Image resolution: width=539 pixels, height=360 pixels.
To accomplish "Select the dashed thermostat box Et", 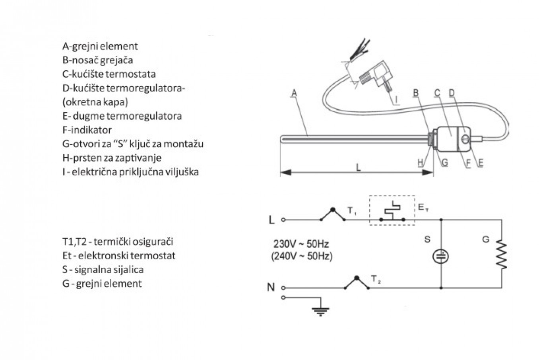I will [x=392, y=210].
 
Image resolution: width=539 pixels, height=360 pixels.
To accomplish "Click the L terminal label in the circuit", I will [x=272, y=220].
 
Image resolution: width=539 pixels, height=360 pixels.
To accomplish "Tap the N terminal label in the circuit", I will [x=271, y=287].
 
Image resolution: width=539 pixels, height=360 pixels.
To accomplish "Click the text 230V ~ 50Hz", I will [x=301, y=244].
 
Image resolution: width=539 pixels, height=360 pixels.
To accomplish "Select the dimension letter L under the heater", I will [x=358, y=167].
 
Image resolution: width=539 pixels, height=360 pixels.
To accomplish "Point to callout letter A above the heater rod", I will [x=294, y=93].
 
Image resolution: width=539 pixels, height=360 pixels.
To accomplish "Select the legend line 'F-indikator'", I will [x=87, y=130].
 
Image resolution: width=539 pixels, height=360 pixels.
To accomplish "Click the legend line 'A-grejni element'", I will [x=100, y=46].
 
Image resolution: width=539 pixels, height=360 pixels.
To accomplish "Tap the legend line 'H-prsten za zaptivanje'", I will [x=112, y=158].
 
